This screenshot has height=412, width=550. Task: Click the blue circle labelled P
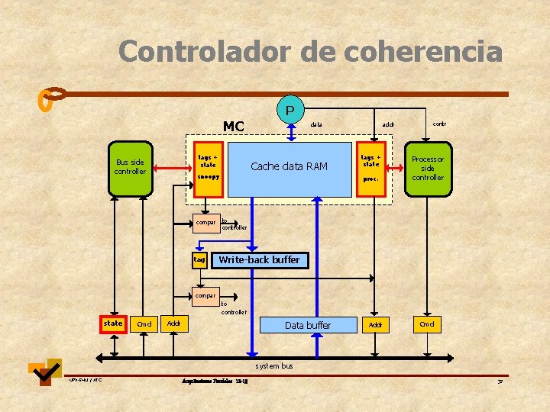(290, 110)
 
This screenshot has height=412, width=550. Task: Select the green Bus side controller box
(129, 167)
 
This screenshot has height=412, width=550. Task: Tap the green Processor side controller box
(428, 169)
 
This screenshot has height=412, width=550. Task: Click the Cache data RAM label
(289, 166)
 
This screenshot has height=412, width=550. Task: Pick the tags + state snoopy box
(209, 169)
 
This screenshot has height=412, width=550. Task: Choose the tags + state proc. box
(371, 169)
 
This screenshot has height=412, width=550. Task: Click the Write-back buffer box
(259, 260)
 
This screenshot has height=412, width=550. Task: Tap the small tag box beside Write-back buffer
(199, 260)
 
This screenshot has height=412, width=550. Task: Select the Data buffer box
(307, 326)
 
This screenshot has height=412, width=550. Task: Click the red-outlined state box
(113, 323)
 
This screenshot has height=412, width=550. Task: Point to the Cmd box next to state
(144, 324)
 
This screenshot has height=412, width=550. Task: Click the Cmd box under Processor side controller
(427, 323)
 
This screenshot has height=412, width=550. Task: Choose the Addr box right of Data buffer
(375, 326)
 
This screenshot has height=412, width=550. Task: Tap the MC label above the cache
(233, 126)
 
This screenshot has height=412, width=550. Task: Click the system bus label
(274, 366)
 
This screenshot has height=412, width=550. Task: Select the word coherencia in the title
(423, 52)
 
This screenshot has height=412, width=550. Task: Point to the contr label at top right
(440, 122)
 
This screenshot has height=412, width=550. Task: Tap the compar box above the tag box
(205, 223)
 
